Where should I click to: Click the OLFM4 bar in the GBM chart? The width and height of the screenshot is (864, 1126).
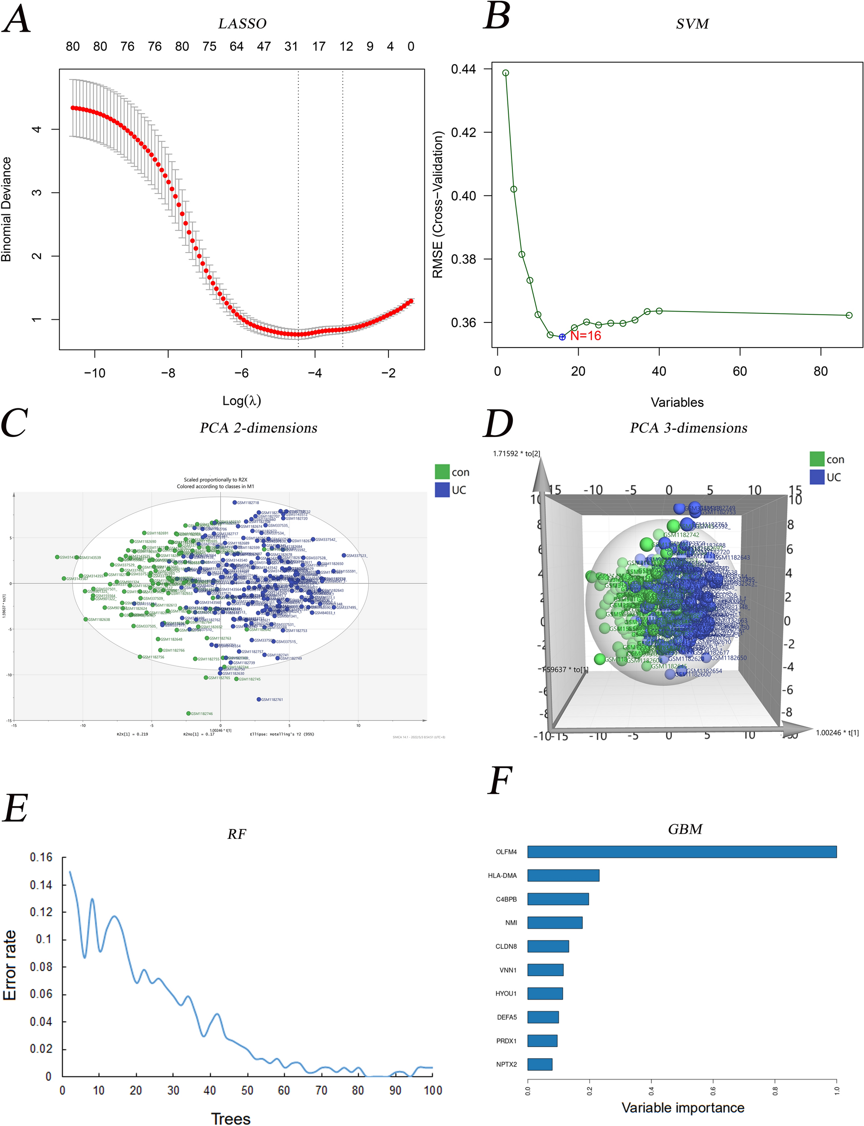pyautogui.click(x=681, y=852)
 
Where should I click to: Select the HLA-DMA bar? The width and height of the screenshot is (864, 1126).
pyautogui.click(x=563, y=875)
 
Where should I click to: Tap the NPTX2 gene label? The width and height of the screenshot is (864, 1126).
pyautogui.click(x=506, y=1064)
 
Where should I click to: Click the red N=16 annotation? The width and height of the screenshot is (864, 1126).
pyautogui.click(x=585, y=336)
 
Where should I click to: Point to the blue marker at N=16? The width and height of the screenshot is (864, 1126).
pyautogui.click(x=562, y=337)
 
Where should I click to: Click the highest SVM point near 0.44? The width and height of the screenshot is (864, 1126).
pyautogui.click(x=506, y=73)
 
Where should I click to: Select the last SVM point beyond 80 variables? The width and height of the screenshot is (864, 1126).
pyautogui.click(x=849, y=315)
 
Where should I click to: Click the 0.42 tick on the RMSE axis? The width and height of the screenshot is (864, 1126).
pyautogui.click(x=463, y=132)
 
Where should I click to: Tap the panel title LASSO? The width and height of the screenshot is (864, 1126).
pyautogui.click(x=242, y=24)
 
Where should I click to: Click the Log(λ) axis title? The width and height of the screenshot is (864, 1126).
pyautogui.click(x=242, y=401)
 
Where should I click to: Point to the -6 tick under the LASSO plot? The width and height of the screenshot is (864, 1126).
pyautogui.click(x=242, y=373)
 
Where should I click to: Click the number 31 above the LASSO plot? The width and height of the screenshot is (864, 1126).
pyautogui.click(x=291, y=46)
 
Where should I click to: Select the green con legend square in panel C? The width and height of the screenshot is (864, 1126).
pyautogui.click(x=442, y=471)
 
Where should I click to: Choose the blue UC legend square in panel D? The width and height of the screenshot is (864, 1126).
pyautogui.click(x=817, y=476)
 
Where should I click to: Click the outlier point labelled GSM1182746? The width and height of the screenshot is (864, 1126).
pyautogui.click(x=189, y=713)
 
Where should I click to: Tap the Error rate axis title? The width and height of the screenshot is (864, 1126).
pyautogui.click(x=10, y=965)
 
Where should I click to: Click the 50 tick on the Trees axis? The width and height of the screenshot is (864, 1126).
pyautogui.click(x=248, y=1090)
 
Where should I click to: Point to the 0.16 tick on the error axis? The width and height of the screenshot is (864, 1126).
pyautogui.click(x=41, y=857)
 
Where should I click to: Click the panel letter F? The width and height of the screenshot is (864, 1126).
pyautogui.click(x=499, y=780)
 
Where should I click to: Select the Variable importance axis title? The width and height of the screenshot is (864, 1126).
pyautogui.click(x=682, y=1107)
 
